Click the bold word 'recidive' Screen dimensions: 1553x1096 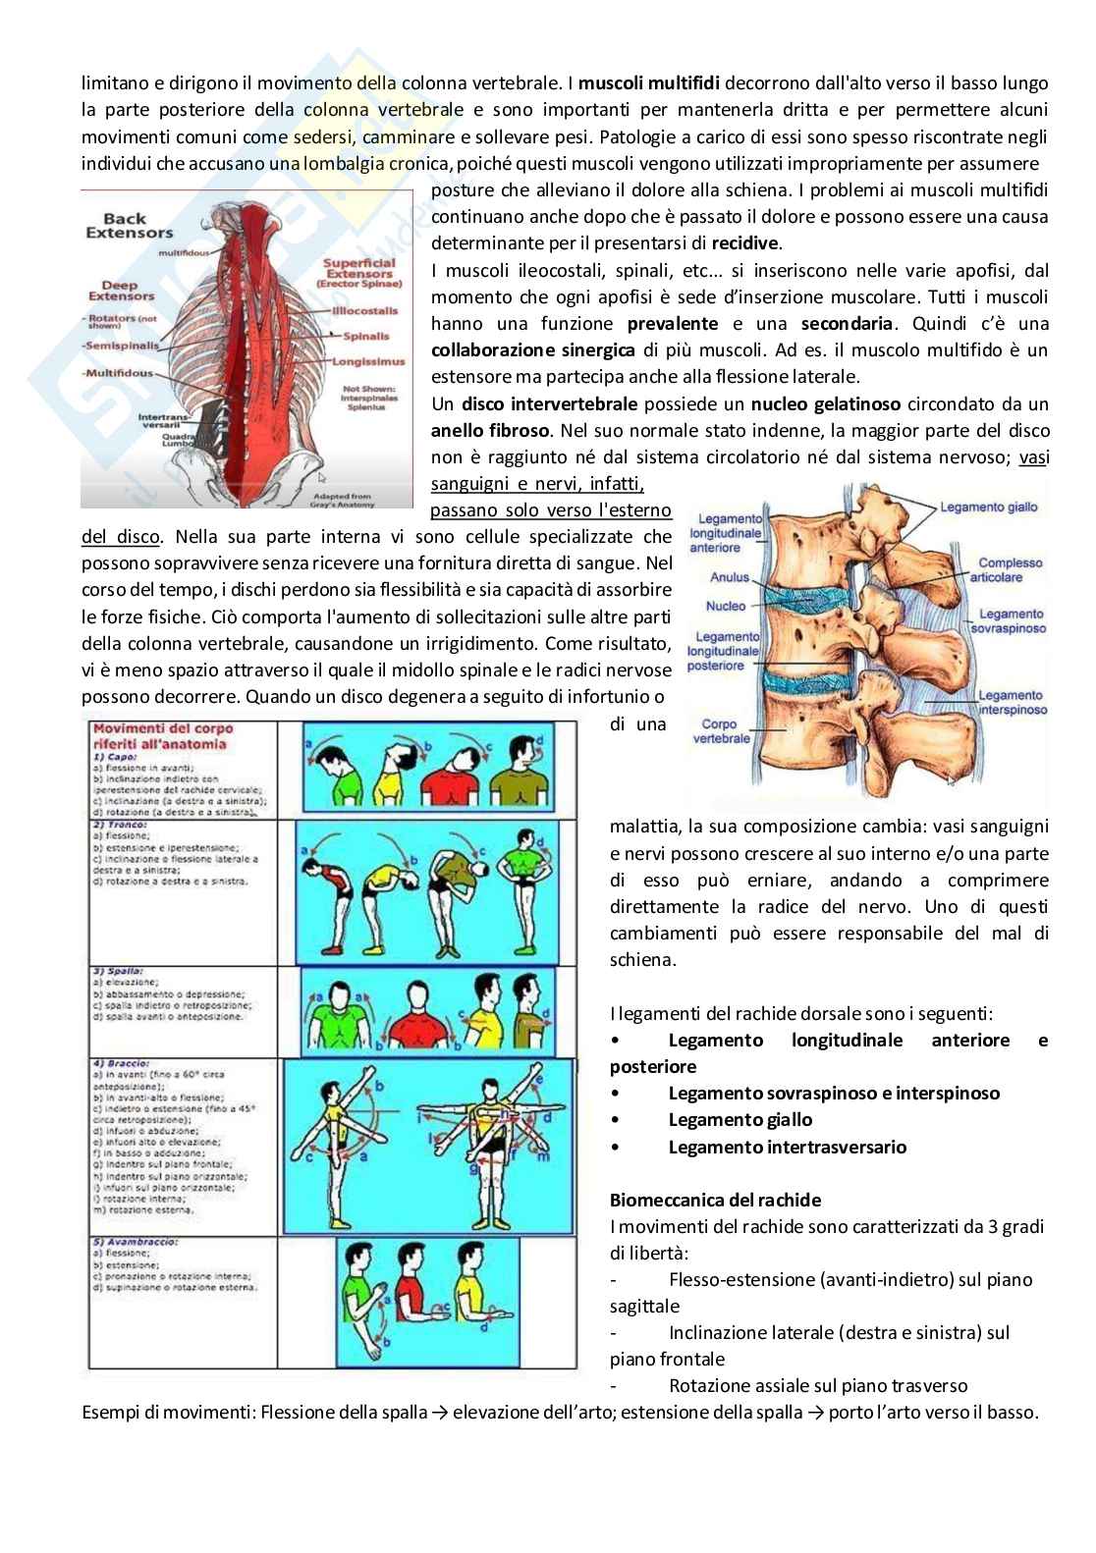(x=745, y=242)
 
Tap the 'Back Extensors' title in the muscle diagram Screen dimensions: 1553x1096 (x=129, y=226)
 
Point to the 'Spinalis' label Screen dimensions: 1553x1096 (x=365, y=337)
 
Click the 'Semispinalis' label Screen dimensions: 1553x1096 (x=117, y=347)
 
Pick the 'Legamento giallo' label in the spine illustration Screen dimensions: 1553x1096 (x=988, y=508)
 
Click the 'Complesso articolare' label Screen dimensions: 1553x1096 (x=1010, y=570)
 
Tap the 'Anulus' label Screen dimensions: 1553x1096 (x=730, y=578)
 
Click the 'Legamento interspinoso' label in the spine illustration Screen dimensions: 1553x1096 (x=1012, y=703)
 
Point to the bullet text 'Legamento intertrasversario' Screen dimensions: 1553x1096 (x=787, y=1147)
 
